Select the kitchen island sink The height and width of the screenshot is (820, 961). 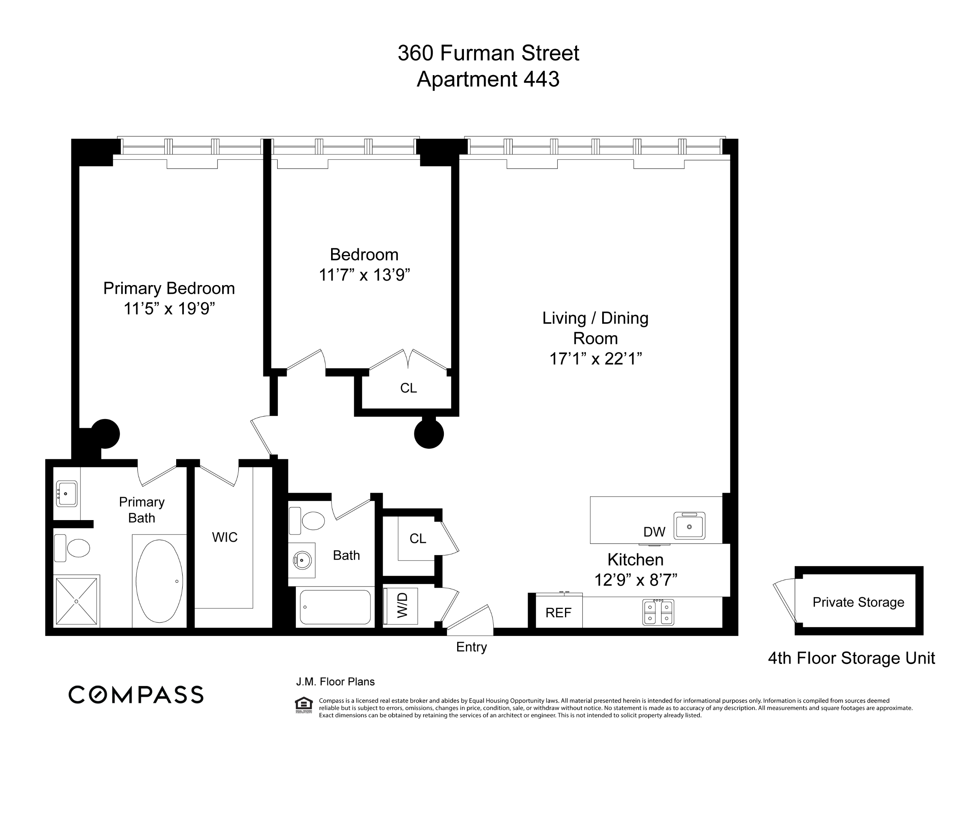point(689,526)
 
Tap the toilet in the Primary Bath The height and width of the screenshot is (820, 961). point(73,548)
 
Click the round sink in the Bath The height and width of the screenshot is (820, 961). point(302,560)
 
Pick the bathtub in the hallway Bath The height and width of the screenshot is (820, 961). point(335,607)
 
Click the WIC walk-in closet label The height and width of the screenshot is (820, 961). point(224,537)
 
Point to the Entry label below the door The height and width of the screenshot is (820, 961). point(471,647)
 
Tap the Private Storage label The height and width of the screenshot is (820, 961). point(858,602)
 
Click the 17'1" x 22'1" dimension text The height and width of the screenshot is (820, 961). point(595,358)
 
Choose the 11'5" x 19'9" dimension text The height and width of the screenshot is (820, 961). point(169,308)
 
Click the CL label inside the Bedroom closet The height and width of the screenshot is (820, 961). point(408,388)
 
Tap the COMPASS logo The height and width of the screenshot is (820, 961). point(136,695)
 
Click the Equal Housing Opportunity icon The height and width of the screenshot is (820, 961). point(304,705)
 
